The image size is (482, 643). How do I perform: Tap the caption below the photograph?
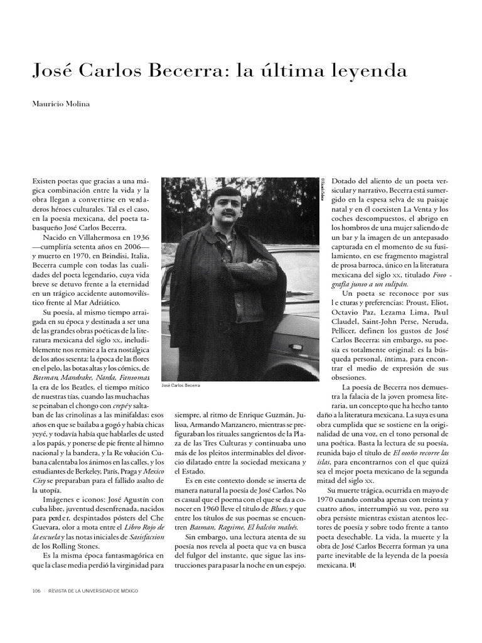tap(181, 385)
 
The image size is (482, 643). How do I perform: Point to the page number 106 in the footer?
tap(36, 592)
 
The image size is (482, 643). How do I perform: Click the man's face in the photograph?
tap(226, 207)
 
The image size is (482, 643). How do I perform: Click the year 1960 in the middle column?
tap(210, 509)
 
